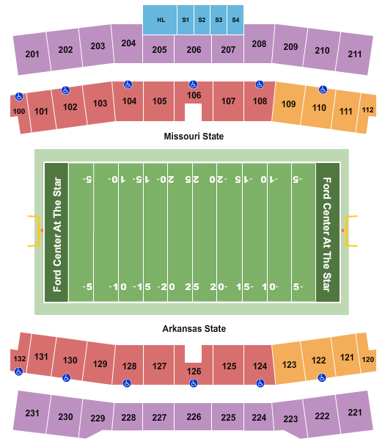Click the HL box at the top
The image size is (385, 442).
(x=160, y=20)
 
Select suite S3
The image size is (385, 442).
(x=219, y=20)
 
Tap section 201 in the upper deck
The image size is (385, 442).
(x=32, y=54)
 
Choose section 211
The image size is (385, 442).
(x=355, y=54)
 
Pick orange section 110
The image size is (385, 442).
(x=319, y=107)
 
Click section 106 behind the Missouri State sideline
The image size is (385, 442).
(x=194, y=95)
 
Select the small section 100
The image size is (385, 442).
(x=18, y=111)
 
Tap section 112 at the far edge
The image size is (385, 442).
(x=367, y=110)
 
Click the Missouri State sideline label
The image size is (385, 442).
(x=194, y=137)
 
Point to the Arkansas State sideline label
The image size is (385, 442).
(x=194, y=329)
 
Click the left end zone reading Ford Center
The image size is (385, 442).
(x=56, y=232)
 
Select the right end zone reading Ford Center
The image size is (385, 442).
(x=328, y=232)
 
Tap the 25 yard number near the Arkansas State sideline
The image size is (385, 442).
(x=193, y=286)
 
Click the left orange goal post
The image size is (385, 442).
(x=34, y=232)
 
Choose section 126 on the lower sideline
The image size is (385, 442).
(x=193, y=372)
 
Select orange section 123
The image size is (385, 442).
(x=289, y=364)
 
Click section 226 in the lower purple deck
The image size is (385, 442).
(x=194, y=417)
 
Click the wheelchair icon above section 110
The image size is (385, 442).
(x=323, y=90)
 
